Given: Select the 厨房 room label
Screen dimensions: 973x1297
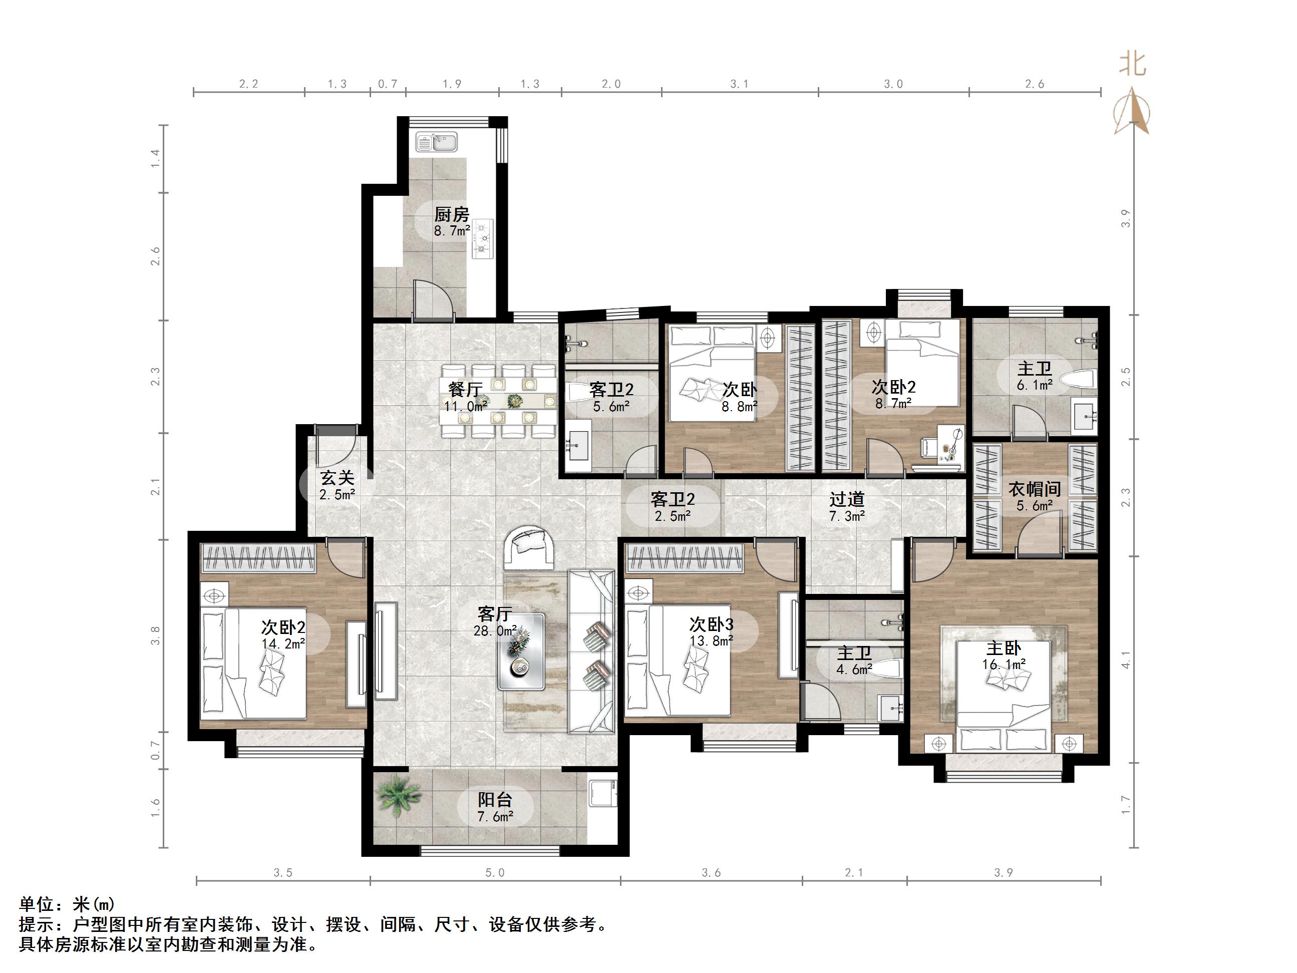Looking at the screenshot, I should pyautogui.click(x=452, y=214).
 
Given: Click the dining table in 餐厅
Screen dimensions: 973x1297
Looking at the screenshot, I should pyautogui.click(x=498, y=401).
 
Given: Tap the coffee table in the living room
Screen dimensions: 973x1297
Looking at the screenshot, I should pyautogui.click(x=521, y=652).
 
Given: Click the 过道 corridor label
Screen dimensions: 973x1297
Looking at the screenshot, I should pyautogui.click(x=847, y=499).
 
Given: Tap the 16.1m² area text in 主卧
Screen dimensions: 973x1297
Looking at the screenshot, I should pyautogui.click(x=1004, y=665).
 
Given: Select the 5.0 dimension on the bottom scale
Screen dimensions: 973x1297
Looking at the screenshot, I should pyautogui.click(x=494, y=873).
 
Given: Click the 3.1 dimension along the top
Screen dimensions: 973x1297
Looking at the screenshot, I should pyautogui.click(x=739, y=84).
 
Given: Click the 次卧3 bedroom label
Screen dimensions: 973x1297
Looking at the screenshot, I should pyautogui.click(x=711, y=623).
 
